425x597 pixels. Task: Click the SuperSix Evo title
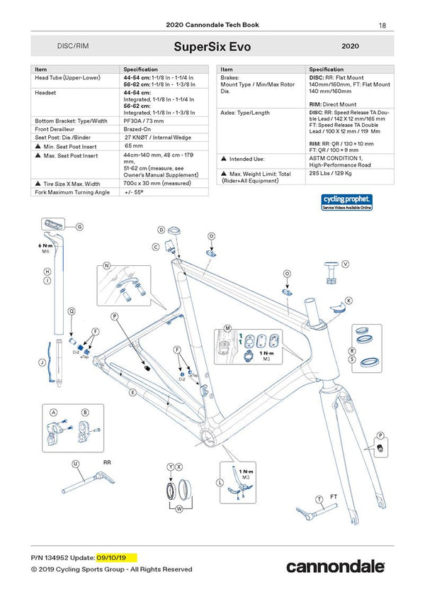(x=212, y=47)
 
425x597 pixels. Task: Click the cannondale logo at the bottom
(x=335, y=566)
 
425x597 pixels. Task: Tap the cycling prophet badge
(x=346, y=202)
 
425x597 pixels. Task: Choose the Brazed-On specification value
(x=139, y=129)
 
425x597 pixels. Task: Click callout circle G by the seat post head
(x=79, y=227)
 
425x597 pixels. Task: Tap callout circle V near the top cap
(x=345, y=264)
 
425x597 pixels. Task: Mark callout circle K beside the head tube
(x=348, y=300)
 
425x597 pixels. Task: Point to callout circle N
(x=107, y=266)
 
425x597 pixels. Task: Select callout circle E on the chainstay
(x=132, y=391)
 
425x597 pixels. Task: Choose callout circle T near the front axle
(x=319, y=499)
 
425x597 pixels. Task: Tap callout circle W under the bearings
(x=178, y=508)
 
